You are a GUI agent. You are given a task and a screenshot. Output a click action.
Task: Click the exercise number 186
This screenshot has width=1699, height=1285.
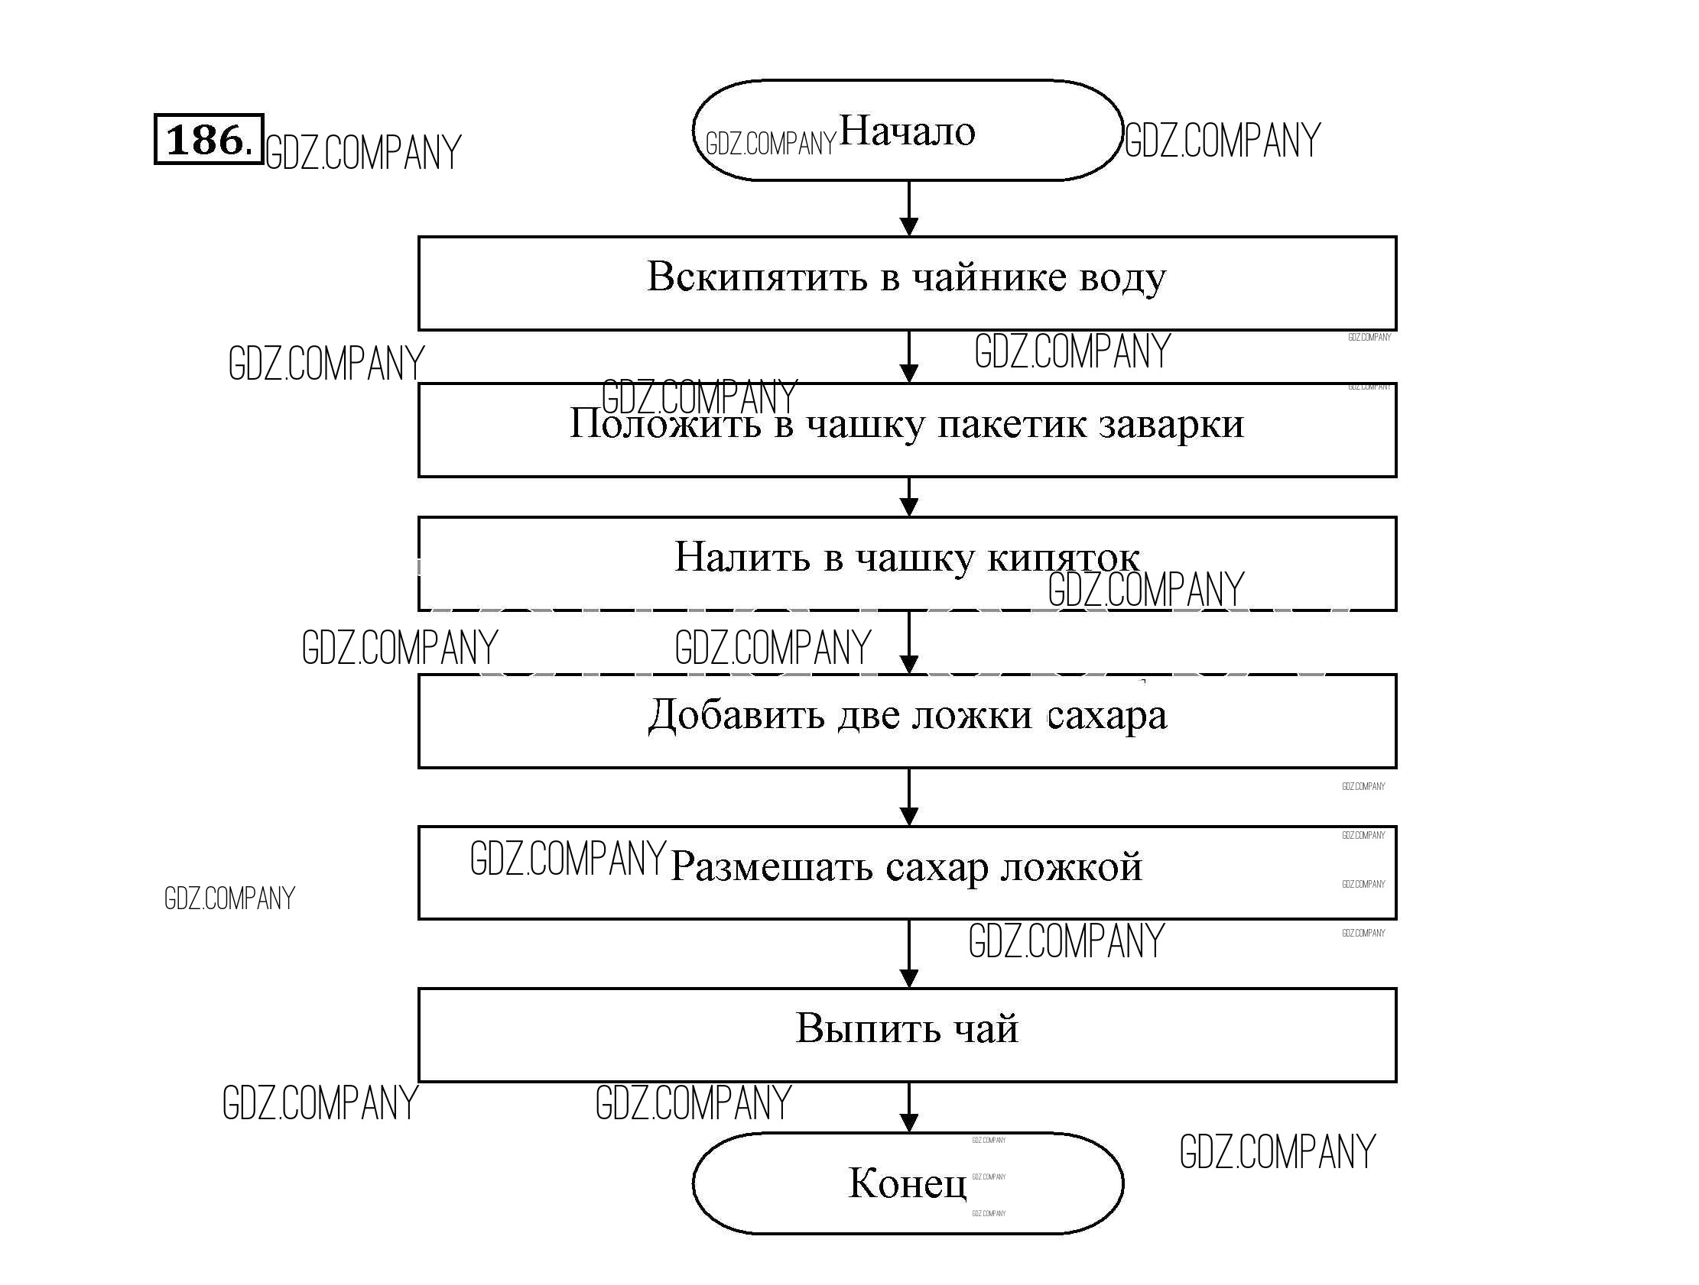(208, 140)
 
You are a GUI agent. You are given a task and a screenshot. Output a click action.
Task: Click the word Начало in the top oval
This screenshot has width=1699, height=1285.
(907, 131)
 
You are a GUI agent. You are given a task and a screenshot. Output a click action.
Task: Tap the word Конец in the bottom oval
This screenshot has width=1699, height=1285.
(907, 1183)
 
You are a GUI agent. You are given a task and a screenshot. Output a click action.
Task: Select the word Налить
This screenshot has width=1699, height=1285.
(742, 557)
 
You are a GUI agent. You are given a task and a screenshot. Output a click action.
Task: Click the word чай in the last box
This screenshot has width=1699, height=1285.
(986, 1028)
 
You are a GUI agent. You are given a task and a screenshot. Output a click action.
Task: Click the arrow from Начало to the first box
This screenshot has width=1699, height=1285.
(908, 208)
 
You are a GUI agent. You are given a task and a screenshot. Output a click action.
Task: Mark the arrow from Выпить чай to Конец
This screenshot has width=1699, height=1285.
(908, 1107)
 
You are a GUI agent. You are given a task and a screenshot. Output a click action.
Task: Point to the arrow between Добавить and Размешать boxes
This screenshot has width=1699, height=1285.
(908, 797)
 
